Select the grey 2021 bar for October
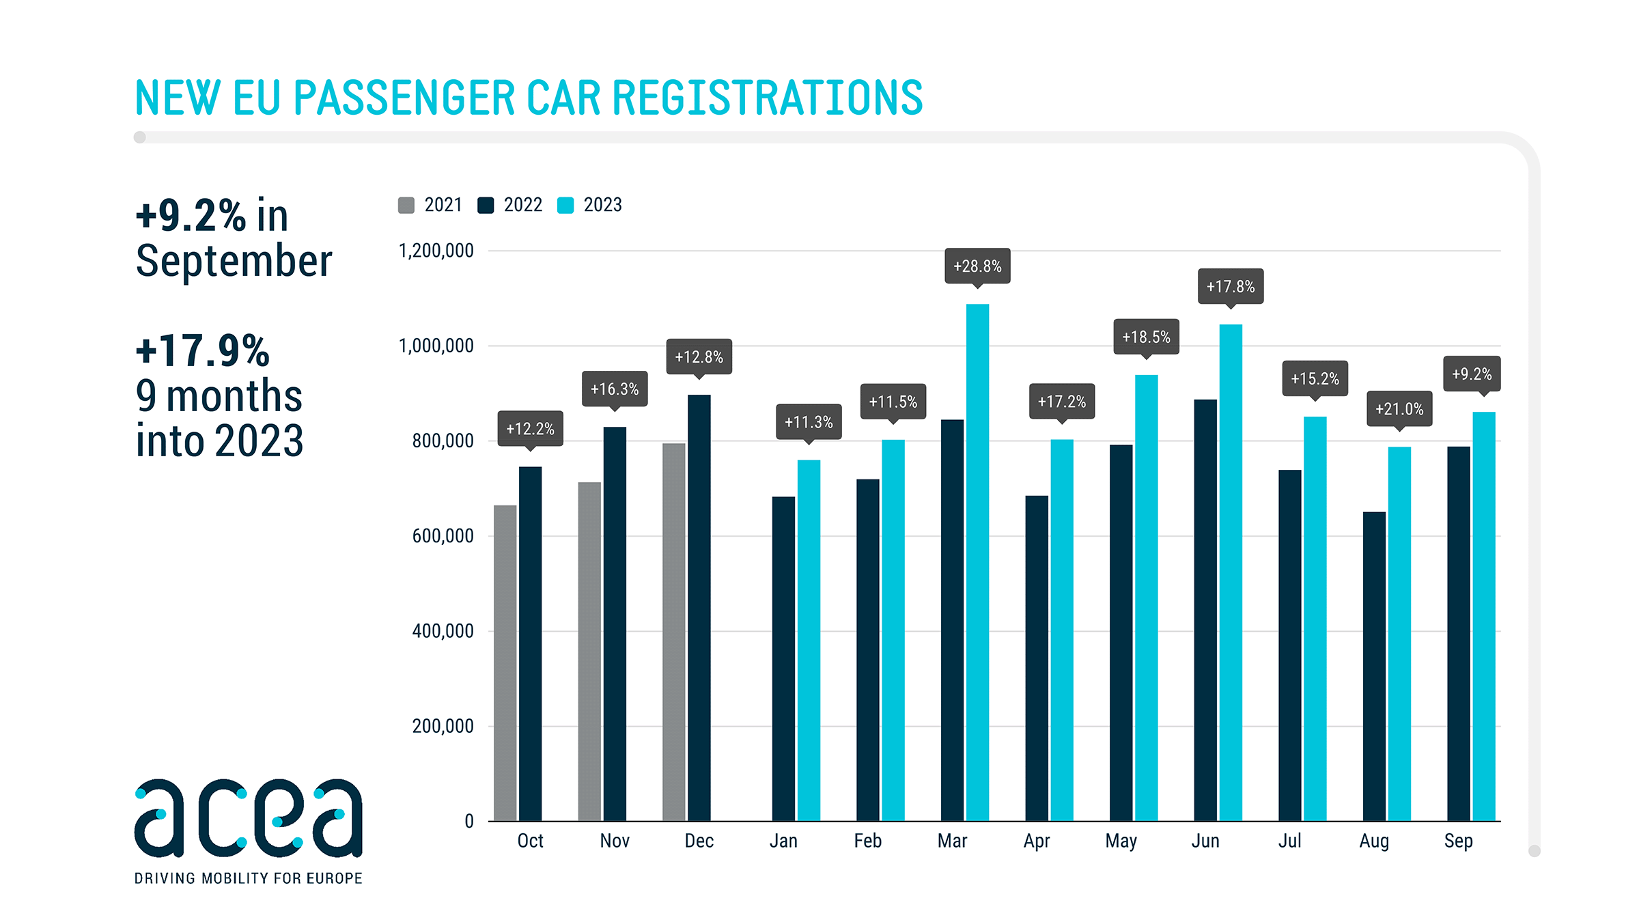point(505,662)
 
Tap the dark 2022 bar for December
point(699,607)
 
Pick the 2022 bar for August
point(1374,666)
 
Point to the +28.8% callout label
point(977,266)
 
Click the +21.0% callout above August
point(1399,408)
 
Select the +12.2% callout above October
point(530,428)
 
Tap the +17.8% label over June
point(1231,286)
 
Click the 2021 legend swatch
point(406,205)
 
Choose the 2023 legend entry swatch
point(565,205)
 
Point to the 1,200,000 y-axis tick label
point(436,251)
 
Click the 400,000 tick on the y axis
point(443,631)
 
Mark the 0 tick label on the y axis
point(469,821)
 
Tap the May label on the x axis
point(1121,841)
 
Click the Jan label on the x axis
point(783,841)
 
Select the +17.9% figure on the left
point(203,350)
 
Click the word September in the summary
point(234,261)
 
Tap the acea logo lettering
point(249,818)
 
